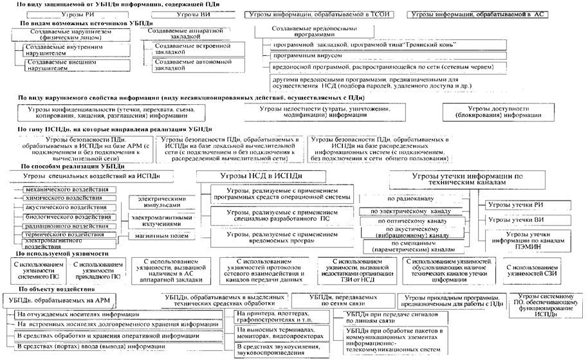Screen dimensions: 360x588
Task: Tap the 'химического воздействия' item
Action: tap(64, 199)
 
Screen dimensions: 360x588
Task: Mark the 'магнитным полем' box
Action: tap(153, 237)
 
